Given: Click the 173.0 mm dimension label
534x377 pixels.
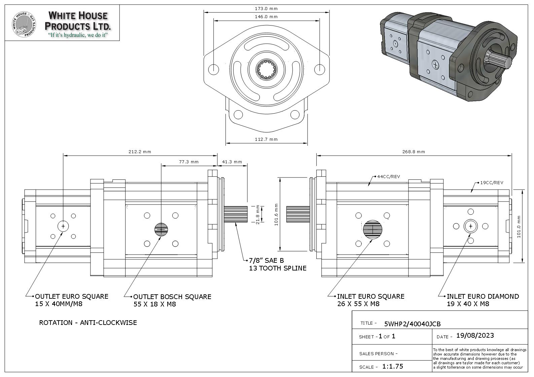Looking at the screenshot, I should (x=266, y=8).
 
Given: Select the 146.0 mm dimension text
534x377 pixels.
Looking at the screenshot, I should (x=266, y=16).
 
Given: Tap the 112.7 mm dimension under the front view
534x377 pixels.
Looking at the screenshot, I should (x=266, y=139).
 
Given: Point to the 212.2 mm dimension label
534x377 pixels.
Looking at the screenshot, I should (x=140, y=152).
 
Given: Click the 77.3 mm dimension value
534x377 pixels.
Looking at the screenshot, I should (x=188, y=162).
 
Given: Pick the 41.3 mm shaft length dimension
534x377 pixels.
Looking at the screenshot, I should (x=232, y=162).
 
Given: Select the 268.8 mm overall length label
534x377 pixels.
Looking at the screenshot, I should (x=414, y=152).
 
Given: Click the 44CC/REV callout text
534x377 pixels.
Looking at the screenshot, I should (x=389, y=177).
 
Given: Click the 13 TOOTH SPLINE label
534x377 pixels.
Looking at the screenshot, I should (x=278, y=268).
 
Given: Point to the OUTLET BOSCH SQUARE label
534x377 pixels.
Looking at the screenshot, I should (x=172, y=297).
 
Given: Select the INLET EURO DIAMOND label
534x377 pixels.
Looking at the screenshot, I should (x=483, y=296).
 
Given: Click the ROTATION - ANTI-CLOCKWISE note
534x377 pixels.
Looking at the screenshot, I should (x=88, y=323).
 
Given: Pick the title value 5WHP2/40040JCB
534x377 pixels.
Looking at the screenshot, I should (x=412, y=324).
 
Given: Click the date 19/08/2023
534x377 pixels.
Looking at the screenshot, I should (x=475, y=336).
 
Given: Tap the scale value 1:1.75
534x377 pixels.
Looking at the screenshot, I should (x=392, y=366).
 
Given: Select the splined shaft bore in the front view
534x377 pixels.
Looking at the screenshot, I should (x=266, y=69).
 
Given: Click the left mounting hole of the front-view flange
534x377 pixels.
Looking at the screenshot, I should (x=213, y=70).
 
